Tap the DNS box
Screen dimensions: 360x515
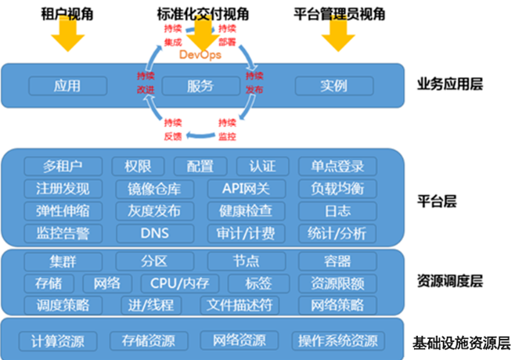149,233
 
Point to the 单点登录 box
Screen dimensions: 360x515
337,166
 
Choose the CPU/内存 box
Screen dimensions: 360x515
180,283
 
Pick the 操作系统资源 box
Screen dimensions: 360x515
337,341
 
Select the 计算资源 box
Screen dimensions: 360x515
59,341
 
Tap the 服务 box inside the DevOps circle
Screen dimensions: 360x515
200,85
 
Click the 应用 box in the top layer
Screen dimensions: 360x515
68,85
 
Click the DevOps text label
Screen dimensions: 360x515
200,56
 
